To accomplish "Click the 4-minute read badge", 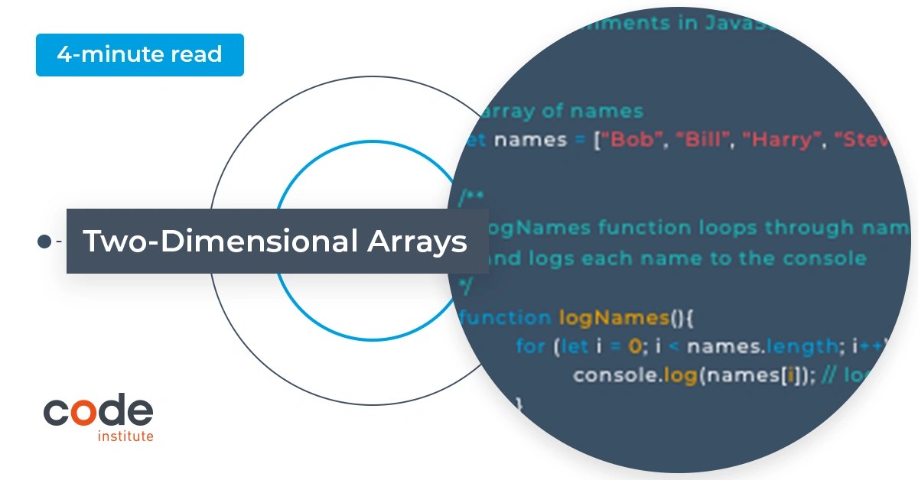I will coord(139,55).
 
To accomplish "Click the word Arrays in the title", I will coord(417,242).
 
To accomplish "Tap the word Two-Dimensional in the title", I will coord(220,242).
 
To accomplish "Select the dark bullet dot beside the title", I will coord(44,242).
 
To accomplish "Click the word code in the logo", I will coord(98,412).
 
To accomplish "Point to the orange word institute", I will coord(125,436).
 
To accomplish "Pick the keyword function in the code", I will coord(506,317).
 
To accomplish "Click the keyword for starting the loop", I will coord(530,346).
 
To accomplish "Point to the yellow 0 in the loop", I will coord(633,346).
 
